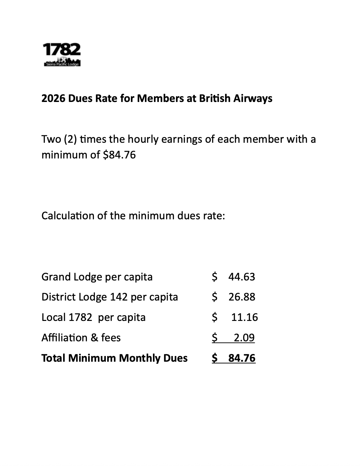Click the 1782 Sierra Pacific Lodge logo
pyautogui.click(x=62, y=54)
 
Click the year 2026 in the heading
pyautogui.click(x=53, y=98)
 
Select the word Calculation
pyautogui.click(x=68, y=216)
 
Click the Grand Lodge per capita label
pyautogui.click(x=97, y=277)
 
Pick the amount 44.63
pyautogui.click(x=242, y=277)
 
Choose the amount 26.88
pyautogui.click(x=242, y=297)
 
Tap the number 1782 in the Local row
pyautogui.click(x=80, y=317)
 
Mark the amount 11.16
pyautogui.click(x=244, y=317)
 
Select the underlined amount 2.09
pyautogui.click(x=244, y=338)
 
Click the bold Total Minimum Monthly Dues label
pyautogui.click(x=114, y=358)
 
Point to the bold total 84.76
pyautogui.click(x=242, y=358)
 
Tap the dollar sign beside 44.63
pyautogui.click(x=214, y=277)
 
